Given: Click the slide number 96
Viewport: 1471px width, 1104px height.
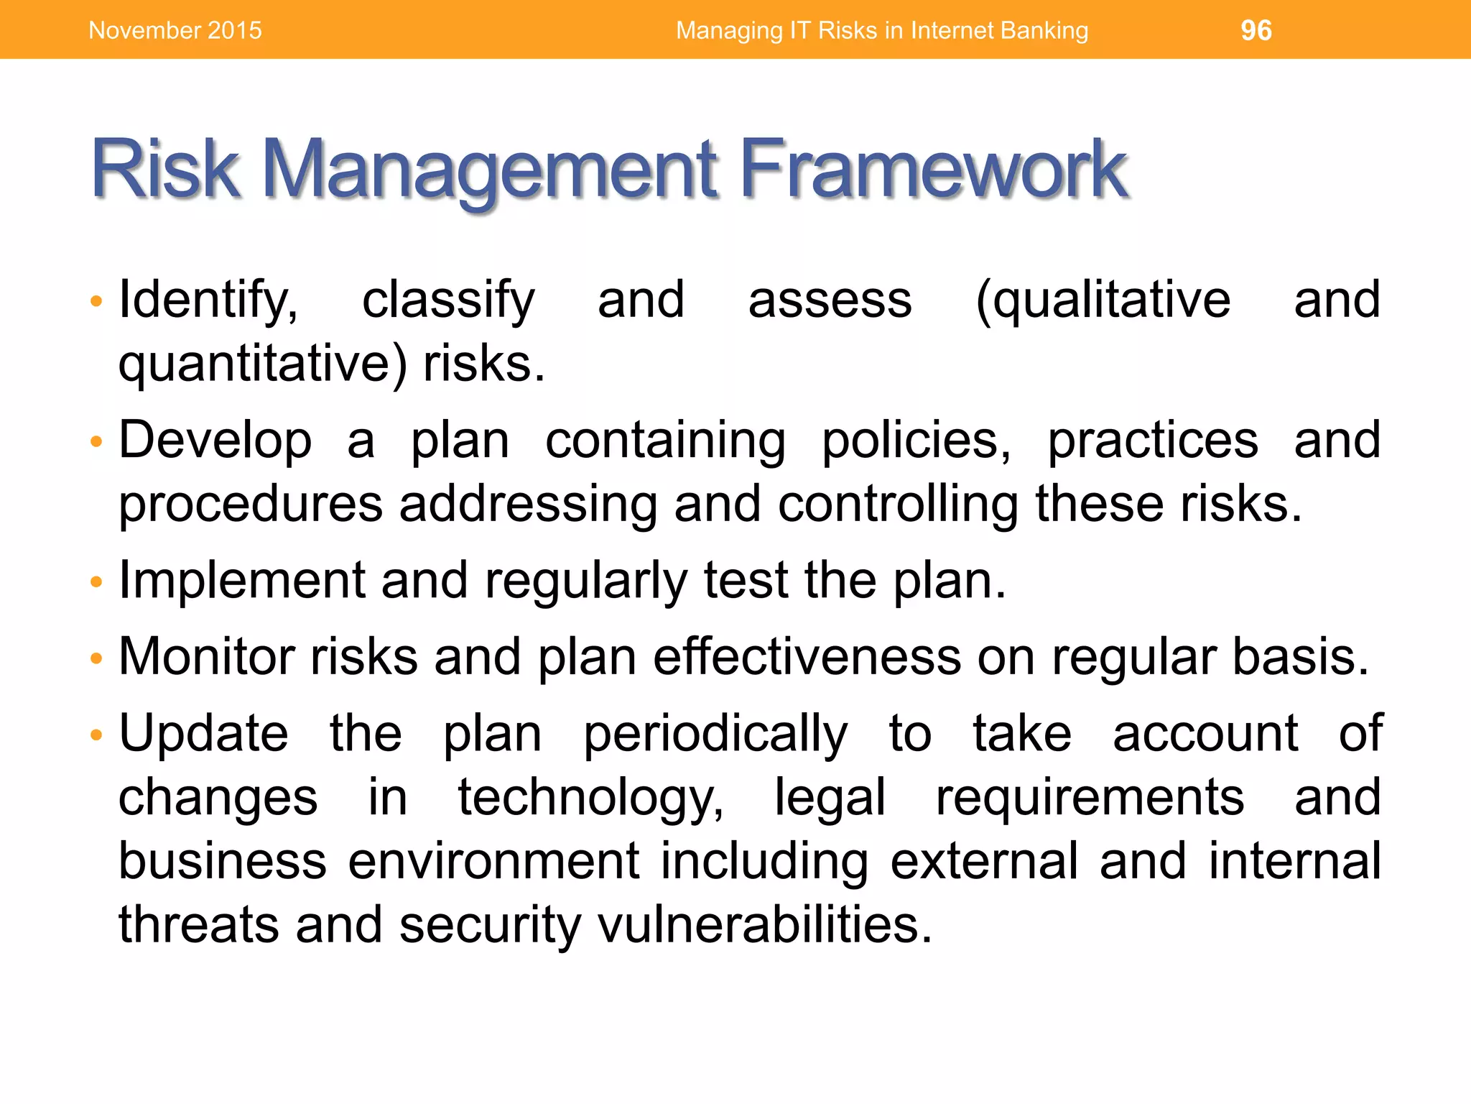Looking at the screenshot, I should [1256, 30].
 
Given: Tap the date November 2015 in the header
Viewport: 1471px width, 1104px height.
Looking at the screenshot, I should [175, 30].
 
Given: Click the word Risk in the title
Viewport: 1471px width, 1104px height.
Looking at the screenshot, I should [165, 170].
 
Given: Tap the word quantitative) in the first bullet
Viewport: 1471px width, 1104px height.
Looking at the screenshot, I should [263, 364].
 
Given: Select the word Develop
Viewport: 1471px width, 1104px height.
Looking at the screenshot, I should [215, 441].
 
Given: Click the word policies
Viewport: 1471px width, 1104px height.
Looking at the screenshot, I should [916, 441].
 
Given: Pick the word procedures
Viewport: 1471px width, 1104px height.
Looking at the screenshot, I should [251, 504].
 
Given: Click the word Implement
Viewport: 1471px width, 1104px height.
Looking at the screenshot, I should [242, 581].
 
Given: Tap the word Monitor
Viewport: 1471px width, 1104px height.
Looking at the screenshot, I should [207, 656].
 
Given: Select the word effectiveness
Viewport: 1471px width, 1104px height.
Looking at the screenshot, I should [807, 656].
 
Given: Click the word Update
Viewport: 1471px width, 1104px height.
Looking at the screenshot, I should [203, 734].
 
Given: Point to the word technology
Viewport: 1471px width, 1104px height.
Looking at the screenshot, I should [590, 798].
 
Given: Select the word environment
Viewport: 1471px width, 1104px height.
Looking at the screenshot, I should [493, 861].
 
